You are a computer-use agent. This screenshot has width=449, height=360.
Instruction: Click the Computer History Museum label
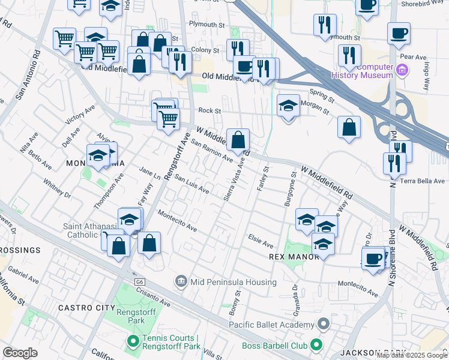click(362, 71)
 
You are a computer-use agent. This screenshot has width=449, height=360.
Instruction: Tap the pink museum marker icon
click(402, 71)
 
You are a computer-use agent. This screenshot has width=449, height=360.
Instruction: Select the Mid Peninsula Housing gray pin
click(181, 281)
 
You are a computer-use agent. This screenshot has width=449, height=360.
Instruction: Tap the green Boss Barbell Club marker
click(316, 345)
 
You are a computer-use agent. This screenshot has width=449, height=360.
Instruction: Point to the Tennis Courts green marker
click(133, 342)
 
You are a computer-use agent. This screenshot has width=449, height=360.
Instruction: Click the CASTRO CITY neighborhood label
click(82, 308)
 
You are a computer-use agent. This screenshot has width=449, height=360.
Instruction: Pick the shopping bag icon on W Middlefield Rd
click(238, 141)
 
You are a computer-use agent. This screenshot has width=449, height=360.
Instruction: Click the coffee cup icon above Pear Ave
click(399, 34)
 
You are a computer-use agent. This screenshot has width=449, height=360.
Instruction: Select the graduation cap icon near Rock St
click(288, 107)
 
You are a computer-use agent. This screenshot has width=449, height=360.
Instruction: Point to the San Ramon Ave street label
click(211, 151)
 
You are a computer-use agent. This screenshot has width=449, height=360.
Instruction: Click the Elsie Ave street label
click(261, 241)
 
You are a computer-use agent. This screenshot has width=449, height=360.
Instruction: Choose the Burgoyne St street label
click(292, 190)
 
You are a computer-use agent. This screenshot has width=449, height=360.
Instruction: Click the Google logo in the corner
click(20, 352)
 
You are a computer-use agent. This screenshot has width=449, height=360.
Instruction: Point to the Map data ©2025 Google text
click(412, 355)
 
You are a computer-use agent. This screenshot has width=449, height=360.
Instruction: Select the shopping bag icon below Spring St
click(349, 128)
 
